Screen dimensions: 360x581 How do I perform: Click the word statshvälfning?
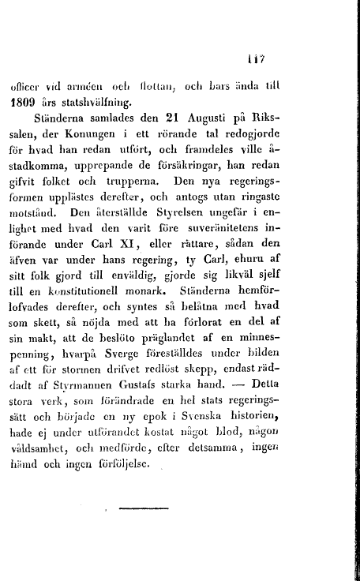click(x=136, y=101)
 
